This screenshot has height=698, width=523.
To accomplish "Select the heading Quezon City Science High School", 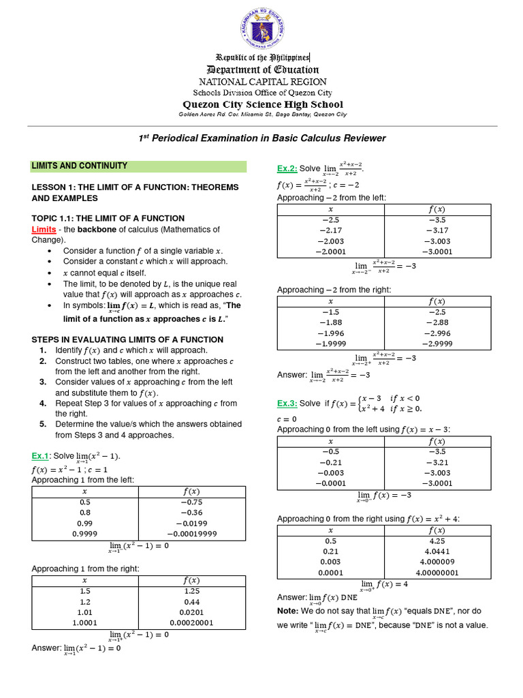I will [x=262, y=104].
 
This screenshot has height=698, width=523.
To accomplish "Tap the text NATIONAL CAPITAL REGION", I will [x=262, y=82].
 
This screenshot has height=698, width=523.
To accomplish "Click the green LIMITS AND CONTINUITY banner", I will [x=139, y=166].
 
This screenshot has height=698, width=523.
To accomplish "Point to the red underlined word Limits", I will [x=44, y=230].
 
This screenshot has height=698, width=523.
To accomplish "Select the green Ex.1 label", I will [x=40, y=456].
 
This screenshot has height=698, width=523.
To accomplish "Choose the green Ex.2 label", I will [x=285, y=168].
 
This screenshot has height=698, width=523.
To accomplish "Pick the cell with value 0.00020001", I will [x=191, y=622].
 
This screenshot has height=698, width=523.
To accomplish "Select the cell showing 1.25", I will [x=191, y=592].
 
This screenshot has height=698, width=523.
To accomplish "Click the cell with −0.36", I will [x=191, y=513].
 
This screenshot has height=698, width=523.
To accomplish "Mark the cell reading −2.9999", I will [x=437, y=344].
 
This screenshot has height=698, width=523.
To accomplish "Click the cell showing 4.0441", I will [x=437, y=551].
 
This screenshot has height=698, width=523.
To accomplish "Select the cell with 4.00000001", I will [x=437, y=573].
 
